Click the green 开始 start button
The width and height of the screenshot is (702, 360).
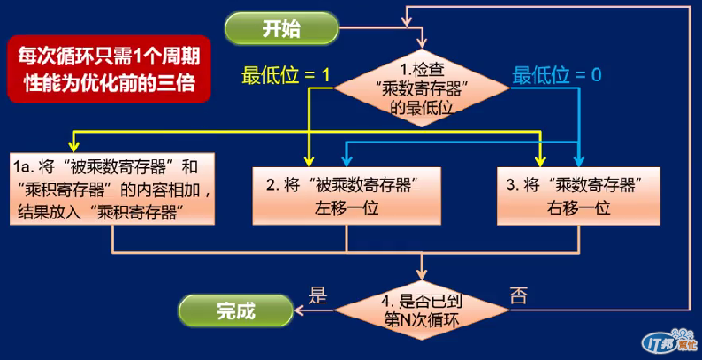click(x=281, y=27)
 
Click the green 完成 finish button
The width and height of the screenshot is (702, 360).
click(x=235, y=310)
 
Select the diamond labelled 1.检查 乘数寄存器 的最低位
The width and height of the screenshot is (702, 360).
click(x=423, y=88)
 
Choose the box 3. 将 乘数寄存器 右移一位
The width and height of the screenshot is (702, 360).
click(x=572, y=195)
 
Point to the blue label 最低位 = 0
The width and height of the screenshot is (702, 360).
click(x=557, y=75)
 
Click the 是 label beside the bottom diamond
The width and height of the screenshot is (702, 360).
click(x=316, y=292)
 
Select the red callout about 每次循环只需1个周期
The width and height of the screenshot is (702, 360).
click(x=109, y=69)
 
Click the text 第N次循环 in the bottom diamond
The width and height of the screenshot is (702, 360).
click(x=423, y=318)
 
